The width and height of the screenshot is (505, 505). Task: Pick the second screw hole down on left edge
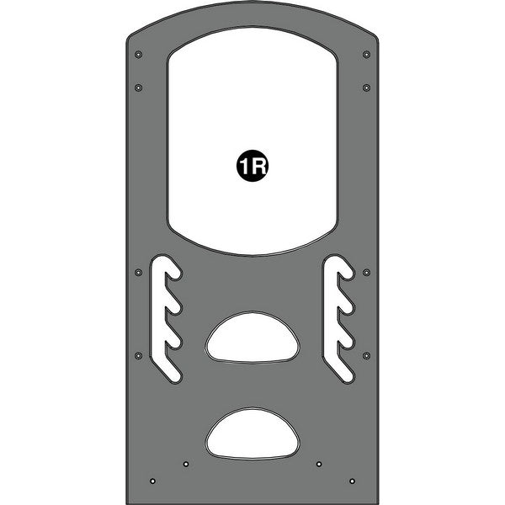click(139, 87)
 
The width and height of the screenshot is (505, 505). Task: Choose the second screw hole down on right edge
click(366, 87)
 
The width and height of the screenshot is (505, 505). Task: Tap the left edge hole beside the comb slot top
click(139, 272)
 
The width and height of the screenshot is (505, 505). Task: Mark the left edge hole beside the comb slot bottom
click(139, 355)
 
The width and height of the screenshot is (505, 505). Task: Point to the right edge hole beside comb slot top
click(366, 272)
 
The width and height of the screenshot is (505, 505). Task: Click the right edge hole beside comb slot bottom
click(366, 355)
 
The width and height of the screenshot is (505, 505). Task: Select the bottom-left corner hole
click(151, 481)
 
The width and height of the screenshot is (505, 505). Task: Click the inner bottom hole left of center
click(186, 464)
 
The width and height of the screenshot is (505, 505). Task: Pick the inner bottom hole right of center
click(318, 464)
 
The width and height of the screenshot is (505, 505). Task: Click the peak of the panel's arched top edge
click(252, 6)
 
